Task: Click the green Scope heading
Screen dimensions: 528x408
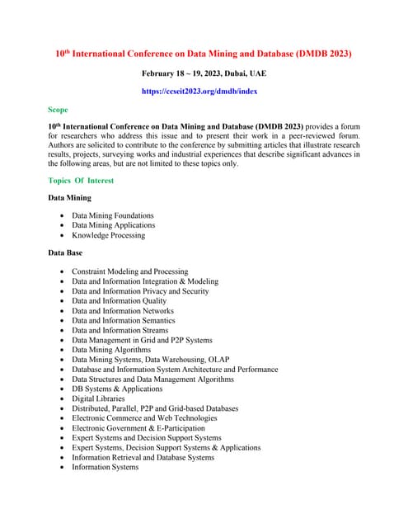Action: click(59, 109)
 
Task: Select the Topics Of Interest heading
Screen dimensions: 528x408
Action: click(81, 180)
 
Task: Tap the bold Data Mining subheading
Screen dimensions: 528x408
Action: click(70, 198)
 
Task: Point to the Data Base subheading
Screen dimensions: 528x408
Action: click(65, 252)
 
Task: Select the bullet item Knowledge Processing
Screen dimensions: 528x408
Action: click(108, 235)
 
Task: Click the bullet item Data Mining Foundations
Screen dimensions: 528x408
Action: click(112, 215)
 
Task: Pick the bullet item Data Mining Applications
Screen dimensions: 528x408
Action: click(113, 225)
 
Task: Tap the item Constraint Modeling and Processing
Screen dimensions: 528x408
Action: click(129, 271)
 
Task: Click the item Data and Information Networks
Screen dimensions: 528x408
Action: click(123, 311)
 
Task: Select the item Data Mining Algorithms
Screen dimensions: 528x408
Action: click(111, 350)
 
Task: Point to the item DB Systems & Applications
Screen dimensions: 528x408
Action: click(117, 389)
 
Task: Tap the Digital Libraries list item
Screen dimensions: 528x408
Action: click(98, 398)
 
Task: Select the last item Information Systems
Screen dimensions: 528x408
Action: click(105, 467)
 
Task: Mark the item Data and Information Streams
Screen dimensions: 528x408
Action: click(120, 330)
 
